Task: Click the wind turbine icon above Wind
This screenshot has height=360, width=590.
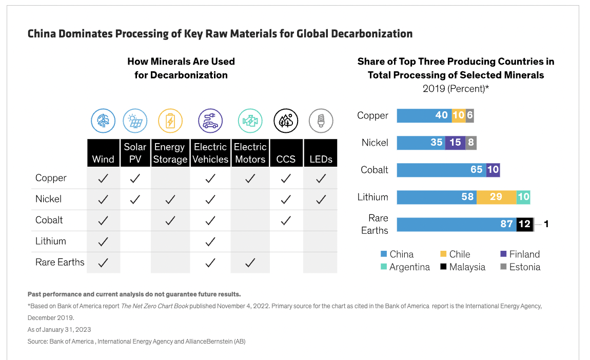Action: click(x=103, y=121)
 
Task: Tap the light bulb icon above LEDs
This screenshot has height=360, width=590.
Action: click(x=321, y=121)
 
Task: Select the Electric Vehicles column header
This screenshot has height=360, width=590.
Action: click(x=210, y=153)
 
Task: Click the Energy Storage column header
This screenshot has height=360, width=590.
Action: click(x=170, y=153)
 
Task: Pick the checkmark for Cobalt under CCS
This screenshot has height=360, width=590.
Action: click(x=286, y=221)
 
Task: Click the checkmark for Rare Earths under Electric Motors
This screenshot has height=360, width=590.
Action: click(x=250, y=263)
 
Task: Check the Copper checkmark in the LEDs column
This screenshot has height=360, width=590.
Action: click(x=321, y=178)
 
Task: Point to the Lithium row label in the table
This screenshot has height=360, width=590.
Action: click(x=51, y=241)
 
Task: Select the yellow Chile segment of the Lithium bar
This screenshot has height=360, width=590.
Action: click(x=496, y=197)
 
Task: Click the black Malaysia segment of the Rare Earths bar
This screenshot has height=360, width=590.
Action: click(x=524, y=224)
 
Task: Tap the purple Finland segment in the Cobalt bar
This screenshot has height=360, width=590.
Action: click(x=493, y=170)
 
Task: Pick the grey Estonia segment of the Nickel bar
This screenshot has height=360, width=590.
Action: click(x=471, y=143)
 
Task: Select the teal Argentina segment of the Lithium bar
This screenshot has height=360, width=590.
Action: click(x=523, y=197)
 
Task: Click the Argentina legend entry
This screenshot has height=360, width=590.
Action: click(x=409, y=267)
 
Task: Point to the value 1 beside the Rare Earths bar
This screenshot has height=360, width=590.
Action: click(x=546, y=224)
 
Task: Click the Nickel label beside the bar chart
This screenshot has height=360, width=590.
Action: click(x=375, y=143)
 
